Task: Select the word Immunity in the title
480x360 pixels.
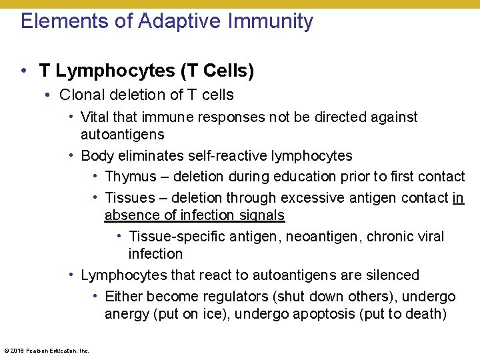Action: tap(271, 21)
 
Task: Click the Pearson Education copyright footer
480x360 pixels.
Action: tap(47, 350)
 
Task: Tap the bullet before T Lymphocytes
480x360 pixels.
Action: tap(23, 71)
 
